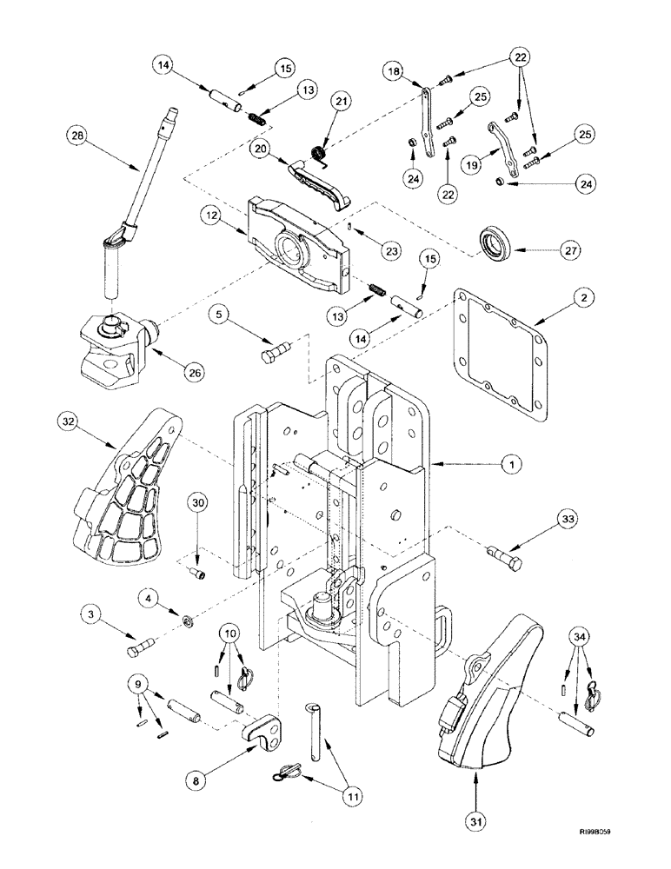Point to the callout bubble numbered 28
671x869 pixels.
pyautogui.click(x=78, y=135)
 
